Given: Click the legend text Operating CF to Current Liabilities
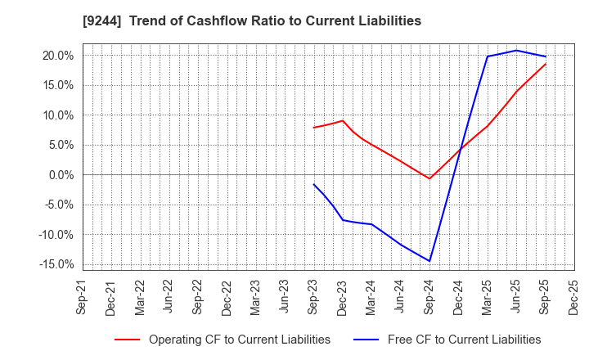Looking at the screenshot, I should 239,340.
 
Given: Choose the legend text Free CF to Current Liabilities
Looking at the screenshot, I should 463,340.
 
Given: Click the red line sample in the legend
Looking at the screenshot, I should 127,340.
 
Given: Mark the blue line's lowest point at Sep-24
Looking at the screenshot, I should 429,261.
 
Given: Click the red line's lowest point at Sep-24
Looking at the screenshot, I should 429,178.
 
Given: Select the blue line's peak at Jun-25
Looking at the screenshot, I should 516,51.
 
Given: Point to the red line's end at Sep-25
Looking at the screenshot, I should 546,64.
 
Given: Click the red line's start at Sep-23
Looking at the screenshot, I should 313,128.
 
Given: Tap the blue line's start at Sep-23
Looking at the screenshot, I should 313,184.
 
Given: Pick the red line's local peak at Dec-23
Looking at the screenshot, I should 343,120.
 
